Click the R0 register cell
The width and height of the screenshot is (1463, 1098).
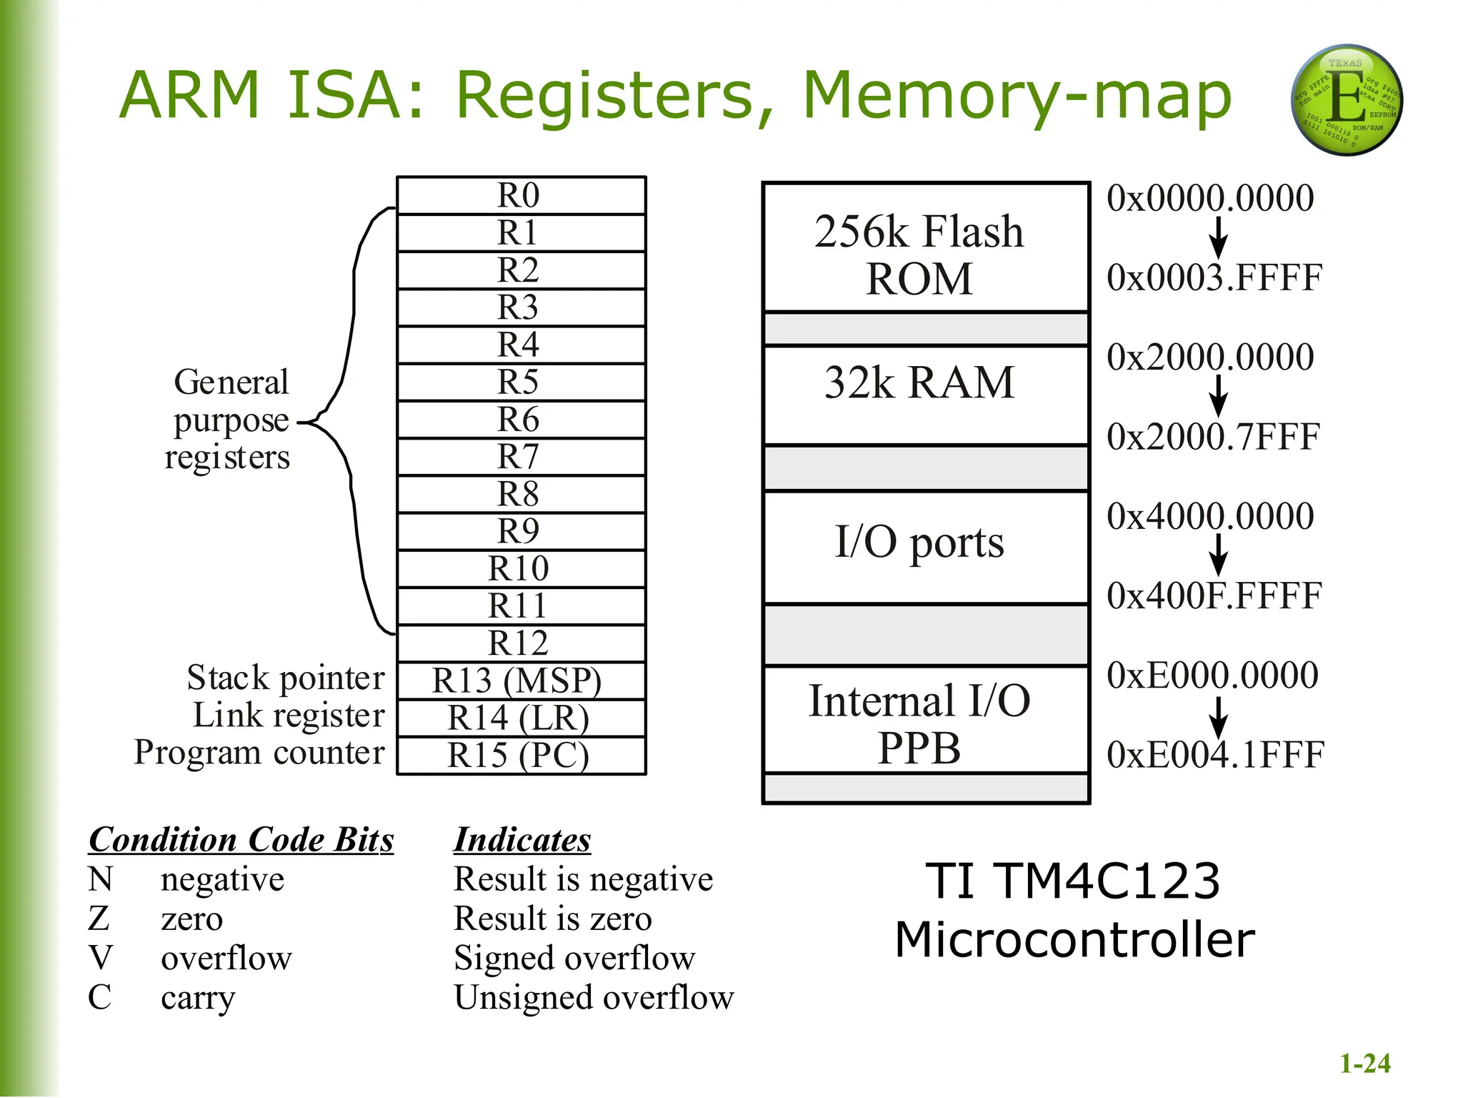(x=521, y=195)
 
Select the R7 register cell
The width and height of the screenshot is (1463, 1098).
(x=521, y=457)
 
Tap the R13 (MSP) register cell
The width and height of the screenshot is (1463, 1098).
(x=521, y=681)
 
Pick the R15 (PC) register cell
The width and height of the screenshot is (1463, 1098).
(x=521, y=756)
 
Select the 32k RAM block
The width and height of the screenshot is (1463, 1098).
(x=925, y=394)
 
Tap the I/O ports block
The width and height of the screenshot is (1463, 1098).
(x=925, y=547)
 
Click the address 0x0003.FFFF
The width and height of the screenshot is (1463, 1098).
(x=1214, y=278)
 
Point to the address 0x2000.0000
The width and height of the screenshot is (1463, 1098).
(x=1210, y=357)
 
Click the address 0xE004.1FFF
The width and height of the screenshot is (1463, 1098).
(x=1215, y=755)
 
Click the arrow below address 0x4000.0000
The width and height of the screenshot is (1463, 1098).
(x=1219, y=555)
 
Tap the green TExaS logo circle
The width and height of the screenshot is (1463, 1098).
(x=1346, y=101)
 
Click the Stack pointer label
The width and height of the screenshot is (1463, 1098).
(x=286, y=678)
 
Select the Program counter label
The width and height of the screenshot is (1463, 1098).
(x=259, y=753)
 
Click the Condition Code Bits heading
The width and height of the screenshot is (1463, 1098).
(x=241, y=840)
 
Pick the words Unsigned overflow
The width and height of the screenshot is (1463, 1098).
(x=594, y=998)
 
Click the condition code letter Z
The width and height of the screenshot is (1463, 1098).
(x=99, y=919)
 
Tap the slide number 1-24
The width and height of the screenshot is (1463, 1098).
(x=1364, y=1064)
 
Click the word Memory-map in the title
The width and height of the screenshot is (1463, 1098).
(x=1017, y=97)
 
